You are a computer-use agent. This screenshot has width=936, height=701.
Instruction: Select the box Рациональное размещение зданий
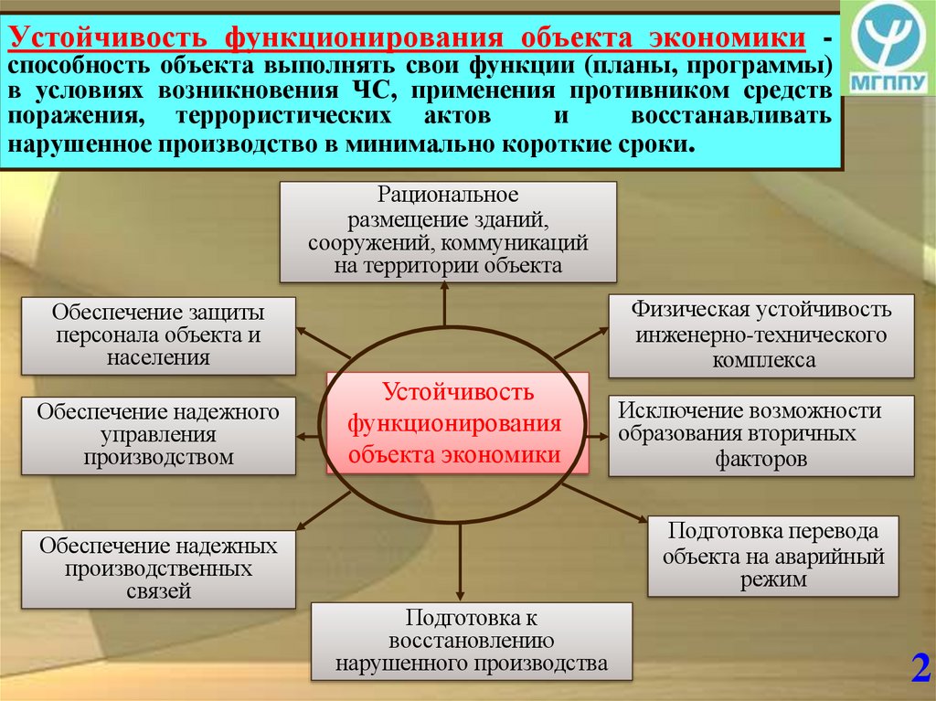click(x=448, y=231)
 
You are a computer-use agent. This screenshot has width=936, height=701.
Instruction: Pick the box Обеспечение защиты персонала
click(x=158, y=335)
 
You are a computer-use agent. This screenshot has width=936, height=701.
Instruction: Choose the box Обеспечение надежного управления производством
click(x=158, y=435)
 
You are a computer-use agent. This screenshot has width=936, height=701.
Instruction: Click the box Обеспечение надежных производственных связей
click(x=158, y=568)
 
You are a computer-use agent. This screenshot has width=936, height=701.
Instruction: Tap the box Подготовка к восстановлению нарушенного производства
click(x=471, y=641)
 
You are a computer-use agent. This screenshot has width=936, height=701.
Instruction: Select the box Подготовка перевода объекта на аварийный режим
click(x=772, y=556)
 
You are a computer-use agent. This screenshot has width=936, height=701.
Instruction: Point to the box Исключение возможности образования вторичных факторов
click(x=760, y=435)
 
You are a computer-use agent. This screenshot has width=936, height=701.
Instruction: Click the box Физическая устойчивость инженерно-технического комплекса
click(x=760, y=335)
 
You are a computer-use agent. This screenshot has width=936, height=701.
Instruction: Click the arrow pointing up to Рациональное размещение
click(x=445, y=305)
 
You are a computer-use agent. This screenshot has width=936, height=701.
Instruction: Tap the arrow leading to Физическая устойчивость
click(x=580, y=343)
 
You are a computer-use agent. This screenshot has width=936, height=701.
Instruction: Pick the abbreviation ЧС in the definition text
click(x=366, y=92)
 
